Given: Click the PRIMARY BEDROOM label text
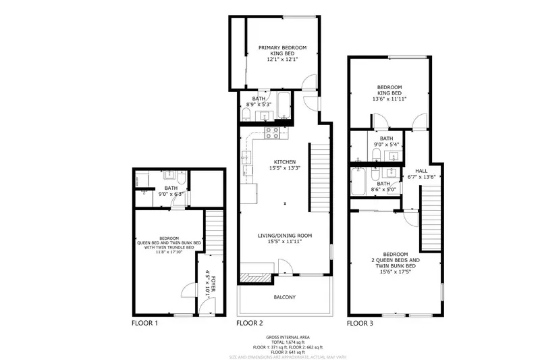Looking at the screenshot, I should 283,47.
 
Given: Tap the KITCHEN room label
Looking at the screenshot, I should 284,162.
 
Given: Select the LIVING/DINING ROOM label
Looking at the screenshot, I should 284,236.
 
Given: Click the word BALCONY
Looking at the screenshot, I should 284,297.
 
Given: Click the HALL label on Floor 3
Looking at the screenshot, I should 421,171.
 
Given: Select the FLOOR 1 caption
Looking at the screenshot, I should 144,324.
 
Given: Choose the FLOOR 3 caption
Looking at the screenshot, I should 360,324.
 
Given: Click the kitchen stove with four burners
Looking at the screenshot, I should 272,132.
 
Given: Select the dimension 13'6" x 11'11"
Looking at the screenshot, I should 389,99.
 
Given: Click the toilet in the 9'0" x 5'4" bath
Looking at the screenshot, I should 376,155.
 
